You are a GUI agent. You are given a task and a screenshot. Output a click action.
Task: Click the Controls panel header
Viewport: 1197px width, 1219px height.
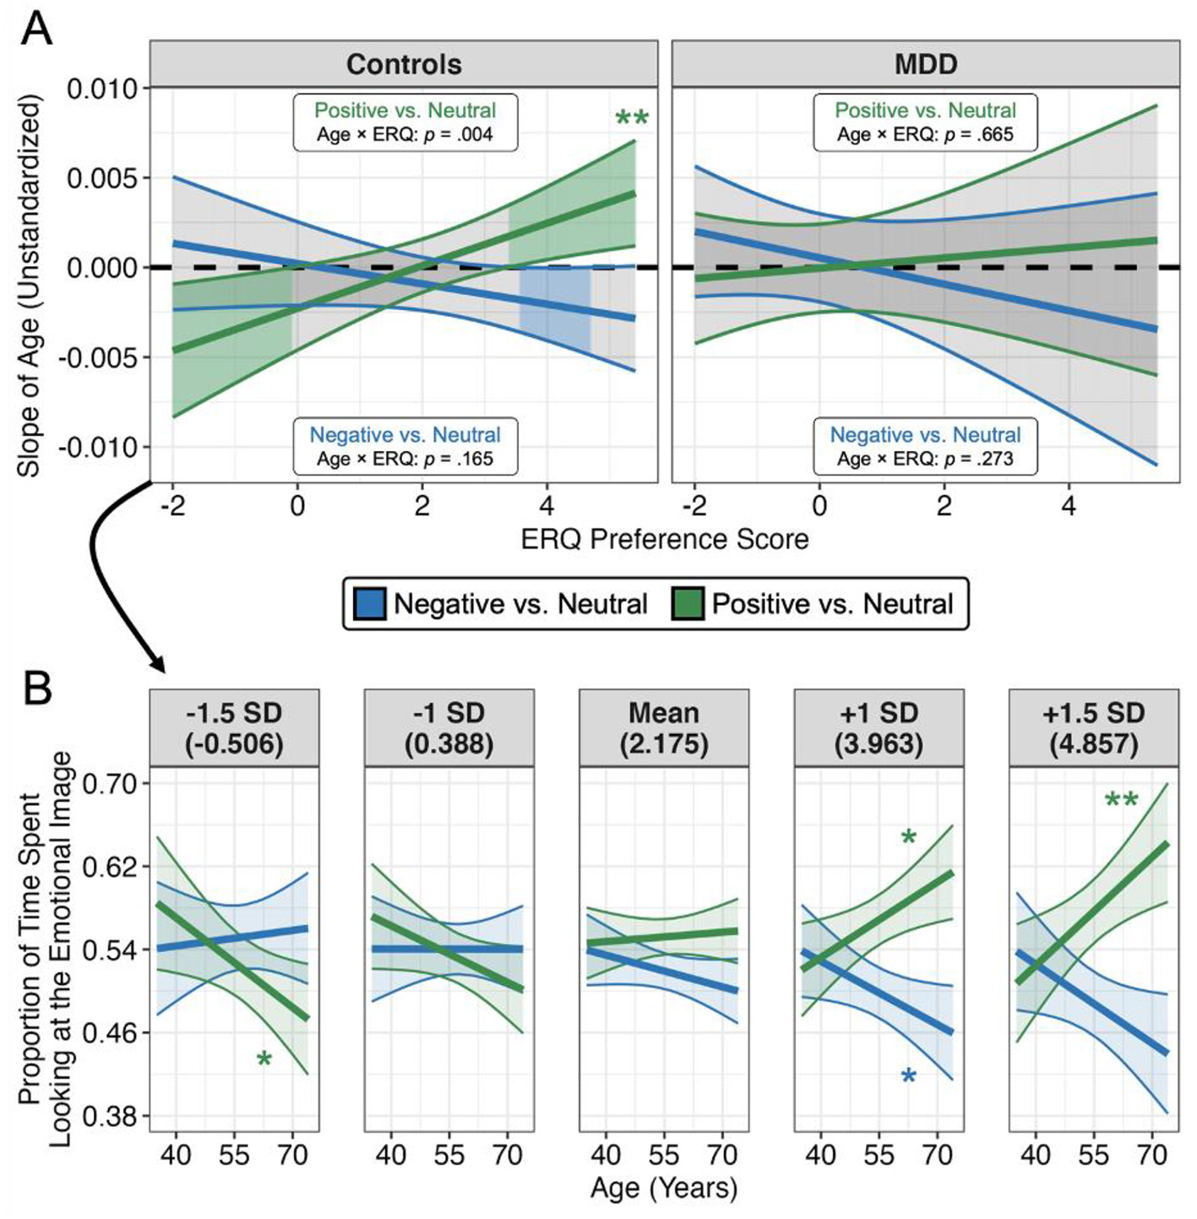404,64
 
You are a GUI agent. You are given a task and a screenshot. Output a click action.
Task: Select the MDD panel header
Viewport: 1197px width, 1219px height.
926,64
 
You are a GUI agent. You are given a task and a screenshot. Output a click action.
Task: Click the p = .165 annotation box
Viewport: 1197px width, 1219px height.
405,447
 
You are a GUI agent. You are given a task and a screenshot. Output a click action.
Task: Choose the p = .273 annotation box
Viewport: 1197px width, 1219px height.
926,447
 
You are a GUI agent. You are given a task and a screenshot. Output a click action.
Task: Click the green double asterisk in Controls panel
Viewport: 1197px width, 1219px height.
632,119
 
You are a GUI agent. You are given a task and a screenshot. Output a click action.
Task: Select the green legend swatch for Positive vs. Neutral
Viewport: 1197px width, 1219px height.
688,603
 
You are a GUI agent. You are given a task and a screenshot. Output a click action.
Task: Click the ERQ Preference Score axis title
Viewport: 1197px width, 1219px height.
665,539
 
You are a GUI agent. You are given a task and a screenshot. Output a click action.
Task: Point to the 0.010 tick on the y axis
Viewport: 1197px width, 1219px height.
102,89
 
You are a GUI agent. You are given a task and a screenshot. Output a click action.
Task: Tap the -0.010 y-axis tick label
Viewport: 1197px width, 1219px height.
98,447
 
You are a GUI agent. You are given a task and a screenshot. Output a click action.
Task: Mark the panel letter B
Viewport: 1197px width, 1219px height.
37,688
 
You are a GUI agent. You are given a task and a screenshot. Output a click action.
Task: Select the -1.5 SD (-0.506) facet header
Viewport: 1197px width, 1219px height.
234,727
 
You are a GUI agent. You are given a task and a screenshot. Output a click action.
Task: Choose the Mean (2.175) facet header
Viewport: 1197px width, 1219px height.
664,727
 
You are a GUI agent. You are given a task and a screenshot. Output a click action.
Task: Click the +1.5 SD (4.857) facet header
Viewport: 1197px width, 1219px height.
1093,727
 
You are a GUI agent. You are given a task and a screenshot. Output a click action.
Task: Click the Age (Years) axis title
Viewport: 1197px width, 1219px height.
664,1188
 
